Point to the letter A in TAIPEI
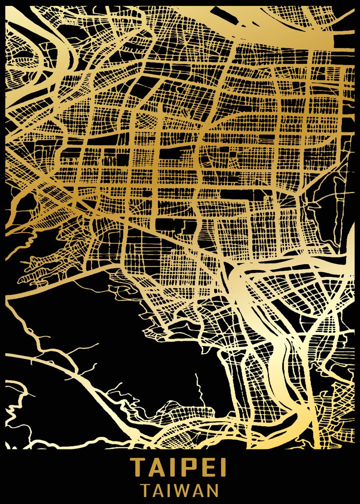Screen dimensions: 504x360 (158, 467)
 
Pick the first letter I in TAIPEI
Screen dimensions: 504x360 (173, 467)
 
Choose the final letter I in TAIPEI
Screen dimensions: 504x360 (223, 467)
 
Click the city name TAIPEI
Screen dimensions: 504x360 (180, 467)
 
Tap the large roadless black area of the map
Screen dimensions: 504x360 (105, 319)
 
